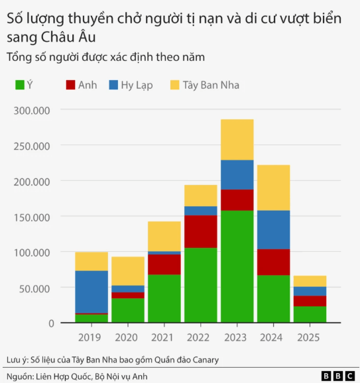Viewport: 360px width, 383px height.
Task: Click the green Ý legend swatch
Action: point(20,85)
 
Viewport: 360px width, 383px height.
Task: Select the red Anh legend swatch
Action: point(70,85)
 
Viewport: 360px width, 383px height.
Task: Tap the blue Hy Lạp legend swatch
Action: point(113,85)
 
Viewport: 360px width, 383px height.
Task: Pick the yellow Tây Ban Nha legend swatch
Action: point(175,85)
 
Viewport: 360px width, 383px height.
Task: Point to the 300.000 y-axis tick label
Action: point(32,109)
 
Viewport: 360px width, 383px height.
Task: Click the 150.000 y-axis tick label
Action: point(32,217)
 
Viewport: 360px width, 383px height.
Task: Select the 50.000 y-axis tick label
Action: point(34,288)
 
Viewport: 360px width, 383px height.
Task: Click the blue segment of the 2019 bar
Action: point(91,292)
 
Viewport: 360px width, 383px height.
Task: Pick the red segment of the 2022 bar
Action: point(200,231)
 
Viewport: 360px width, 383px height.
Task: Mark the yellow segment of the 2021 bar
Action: point(164,236)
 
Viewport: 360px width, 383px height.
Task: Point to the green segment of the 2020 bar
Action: point(128,310)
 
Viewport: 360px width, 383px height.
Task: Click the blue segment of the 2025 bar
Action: point(310,291)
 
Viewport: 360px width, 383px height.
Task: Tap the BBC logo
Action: point(337,376)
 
